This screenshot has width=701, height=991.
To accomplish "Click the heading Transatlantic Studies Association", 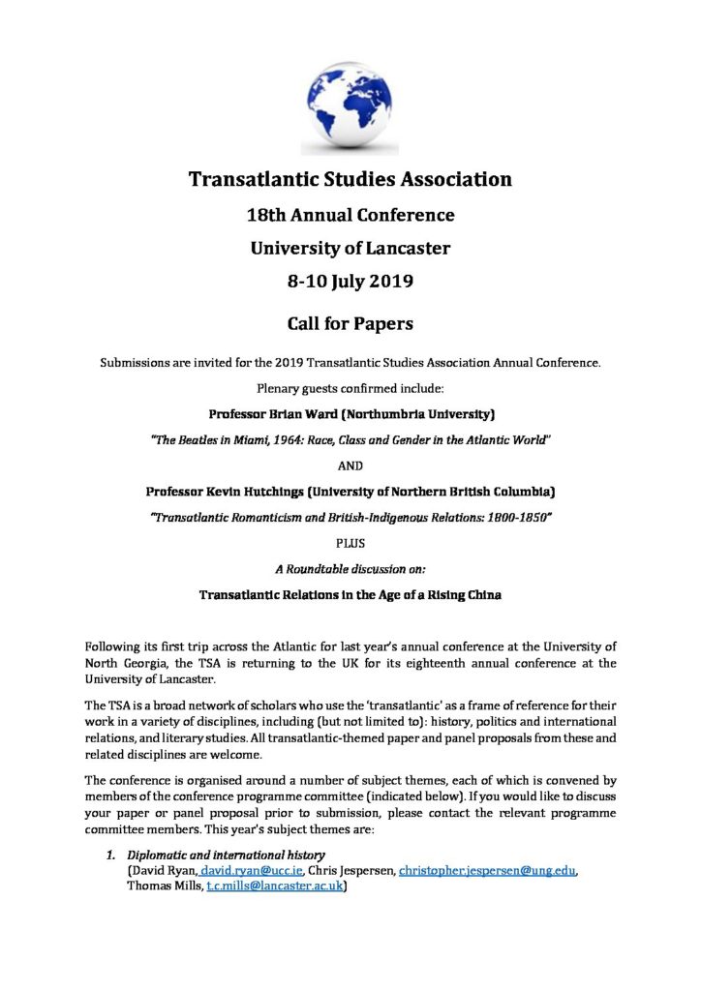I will (350, 179).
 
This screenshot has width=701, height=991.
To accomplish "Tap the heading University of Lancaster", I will (350, 248).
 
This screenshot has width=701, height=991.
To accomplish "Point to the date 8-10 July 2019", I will (350, 283).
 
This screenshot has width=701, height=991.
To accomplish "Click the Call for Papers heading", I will (350, 323).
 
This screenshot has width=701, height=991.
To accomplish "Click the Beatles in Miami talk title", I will (350, 439).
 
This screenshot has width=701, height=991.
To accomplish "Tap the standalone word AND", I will (350, 465).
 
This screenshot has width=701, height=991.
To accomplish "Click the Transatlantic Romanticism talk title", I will (350, 518).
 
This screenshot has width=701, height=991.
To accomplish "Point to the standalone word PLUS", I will (350, 544).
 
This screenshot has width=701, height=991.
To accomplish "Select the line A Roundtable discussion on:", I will (350, 569).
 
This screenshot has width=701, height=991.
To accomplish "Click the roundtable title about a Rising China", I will (350, 594).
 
